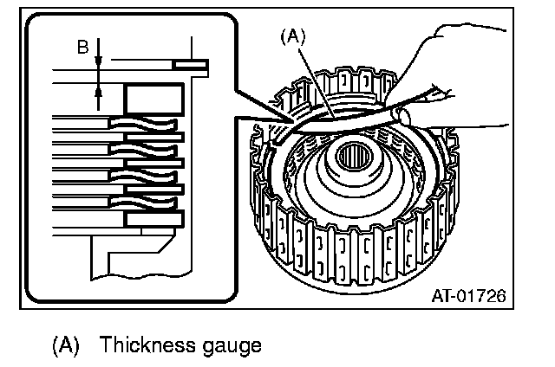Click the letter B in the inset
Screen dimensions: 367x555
click(82, 48)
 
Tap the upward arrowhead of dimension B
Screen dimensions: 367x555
click(99, 87)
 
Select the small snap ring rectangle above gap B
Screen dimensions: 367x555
click(190, 64)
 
